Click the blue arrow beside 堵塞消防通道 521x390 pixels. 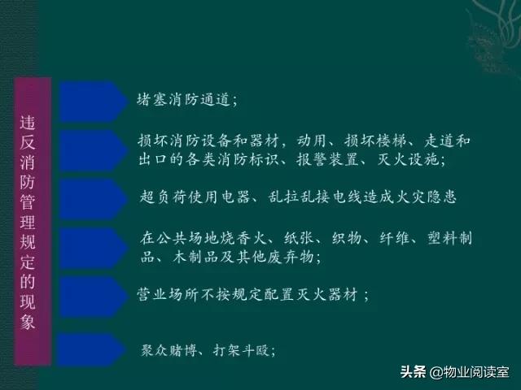(x=90, y=101)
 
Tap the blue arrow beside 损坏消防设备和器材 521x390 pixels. (x=90, y=149)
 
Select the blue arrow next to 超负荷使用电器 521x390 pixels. (x=90, y=197)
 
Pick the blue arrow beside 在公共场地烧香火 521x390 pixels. (x=90, y=246)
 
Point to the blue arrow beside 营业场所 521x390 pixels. (x=90, y=293)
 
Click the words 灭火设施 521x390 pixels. (x=410, y=161)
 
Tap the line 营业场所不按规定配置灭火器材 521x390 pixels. (x=253, y=294)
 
